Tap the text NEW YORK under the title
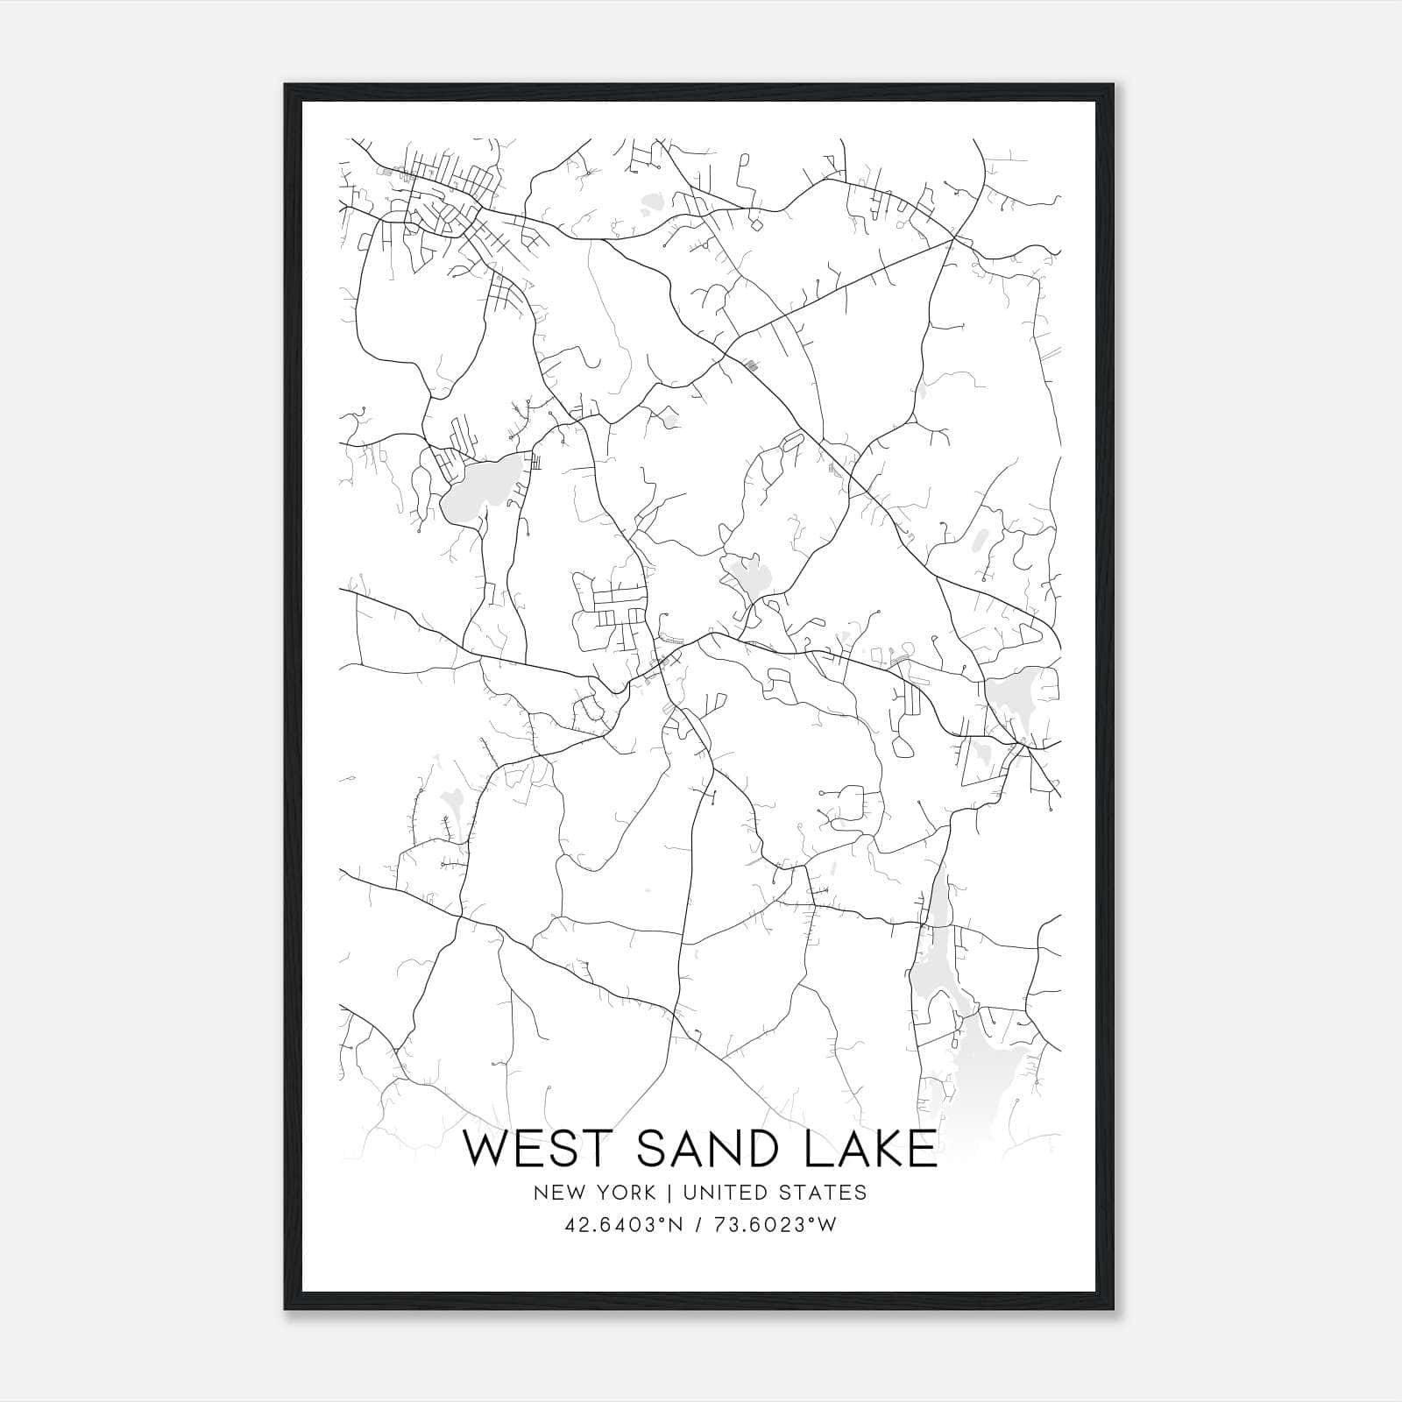[x=592, y=1193]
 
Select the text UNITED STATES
[x=774, y=1193]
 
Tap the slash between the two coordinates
[x=698, y=1225]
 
